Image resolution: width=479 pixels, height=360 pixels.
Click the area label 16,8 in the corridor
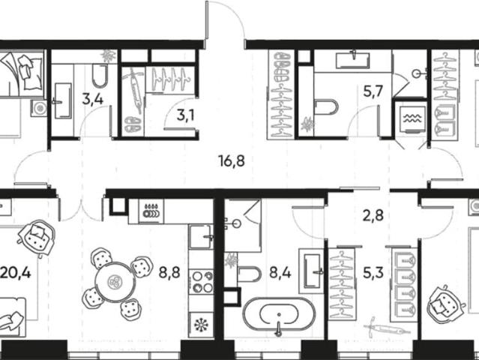[x=232, y=160]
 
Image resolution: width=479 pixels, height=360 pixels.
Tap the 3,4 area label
[x=93, y=99]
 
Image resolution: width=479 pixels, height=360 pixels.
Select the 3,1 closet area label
[x=185, y=115]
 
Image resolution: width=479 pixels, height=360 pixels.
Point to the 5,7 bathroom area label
[x=373, y=91]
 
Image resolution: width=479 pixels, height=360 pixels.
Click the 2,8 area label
[x=373, y=216]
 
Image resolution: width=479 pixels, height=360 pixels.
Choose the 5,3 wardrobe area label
[x=373, y=273]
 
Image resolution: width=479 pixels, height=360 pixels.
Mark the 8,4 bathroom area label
[x=280, y=273]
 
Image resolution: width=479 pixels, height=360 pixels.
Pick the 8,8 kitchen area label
[x=169, y=273]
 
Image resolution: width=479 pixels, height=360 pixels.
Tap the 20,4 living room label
[x=15, y=273]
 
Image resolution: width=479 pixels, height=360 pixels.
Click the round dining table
[x=115, y=281]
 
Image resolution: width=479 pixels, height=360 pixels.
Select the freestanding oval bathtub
[x=279, y=314]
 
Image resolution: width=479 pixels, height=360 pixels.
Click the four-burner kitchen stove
[x=201, y=282]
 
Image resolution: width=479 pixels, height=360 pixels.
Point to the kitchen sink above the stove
[x=201, y=236]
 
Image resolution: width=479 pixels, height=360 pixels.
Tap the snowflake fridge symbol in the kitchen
[x=202, y=325]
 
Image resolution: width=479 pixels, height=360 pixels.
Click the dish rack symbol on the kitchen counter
[x=151, y=211]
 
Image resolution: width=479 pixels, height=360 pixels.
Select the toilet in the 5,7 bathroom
[x=327, y=107]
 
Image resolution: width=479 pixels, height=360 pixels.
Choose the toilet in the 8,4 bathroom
[x=249, y=274]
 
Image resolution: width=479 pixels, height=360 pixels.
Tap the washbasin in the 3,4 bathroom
[x=63, y=100]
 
